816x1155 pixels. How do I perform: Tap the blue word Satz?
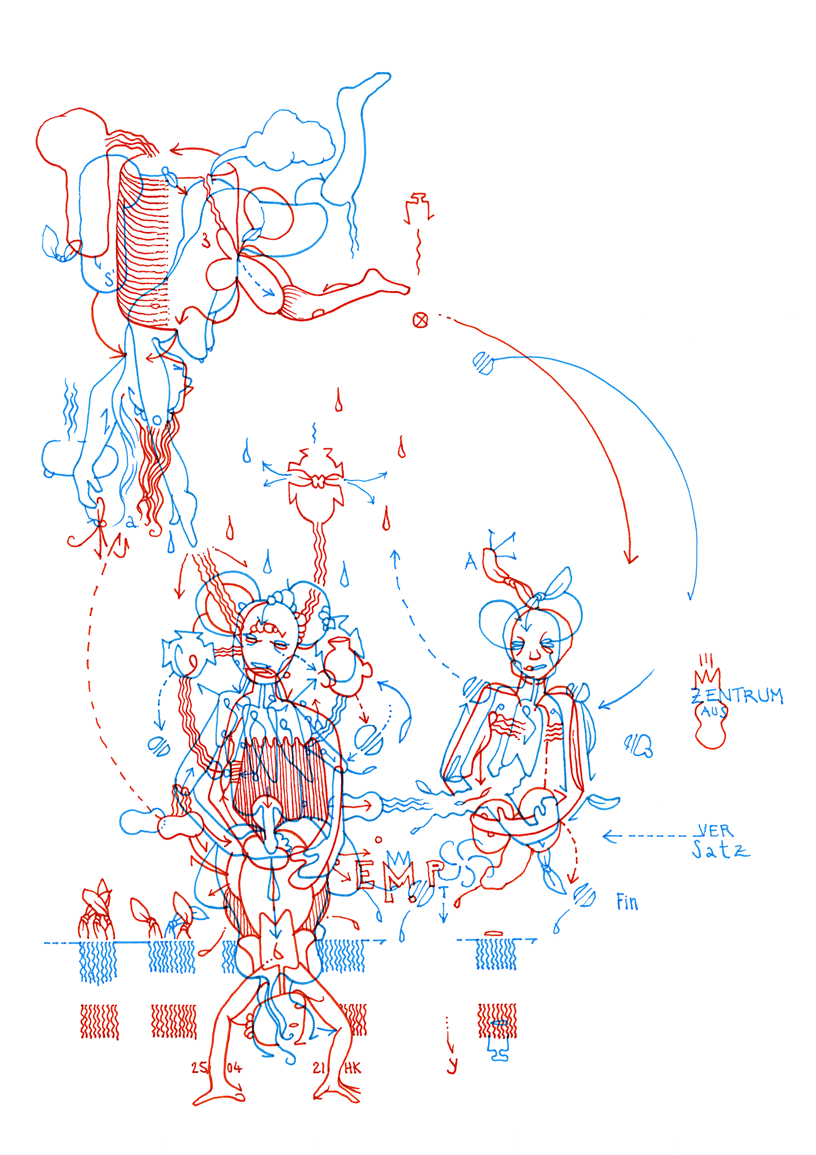pyautogui.click(x=720, y=850)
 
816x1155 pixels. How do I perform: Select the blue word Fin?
pyautogui.click(x=627, y=901)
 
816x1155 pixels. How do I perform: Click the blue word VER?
pyautogui.click(x=715, y=830)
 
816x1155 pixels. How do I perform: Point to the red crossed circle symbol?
pyautogui.click(x=421, y=319)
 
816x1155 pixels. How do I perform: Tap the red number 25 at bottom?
pyautogui.click(x=199, y=1068)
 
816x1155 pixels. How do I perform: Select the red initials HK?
pyautogui.click(x=353, y=1068)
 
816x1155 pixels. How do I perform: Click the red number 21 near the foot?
pyautogui.click(x=319, y=1068)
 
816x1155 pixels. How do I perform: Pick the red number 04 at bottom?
pyautogui.click(x=234, y=1068)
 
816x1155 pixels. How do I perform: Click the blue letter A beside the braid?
pyautogui.click(x=471, y=561)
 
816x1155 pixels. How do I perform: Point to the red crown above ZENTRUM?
pyautogui.click(x=708, y=676)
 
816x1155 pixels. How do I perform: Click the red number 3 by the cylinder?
pyautogui.click(x=206, y=240)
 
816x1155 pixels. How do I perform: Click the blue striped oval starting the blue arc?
pyautogui.click(x=483, y=363)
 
